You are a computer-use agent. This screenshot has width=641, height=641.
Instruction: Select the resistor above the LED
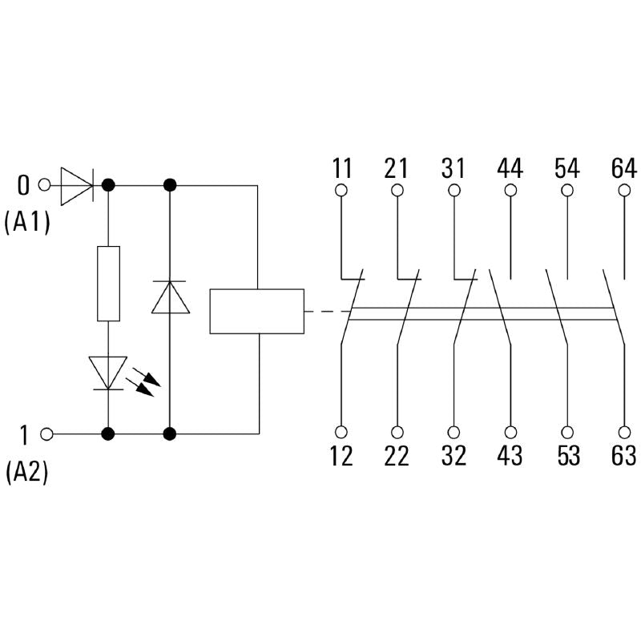click(108, 284)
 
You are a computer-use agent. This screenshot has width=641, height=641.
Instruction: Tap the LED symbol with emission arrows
click(109, 372)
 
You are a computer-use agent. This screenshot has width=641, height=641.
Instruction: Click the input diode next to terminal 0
click(77, 185)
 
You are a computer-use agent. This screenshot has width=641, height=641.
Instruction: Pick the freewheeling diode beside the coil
click(170, 296)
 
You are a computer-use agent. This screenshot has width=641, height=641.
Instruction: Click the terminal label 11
click(341, 169)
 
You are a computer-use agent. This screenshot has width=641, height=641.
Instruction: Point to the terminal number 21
click(397, 169)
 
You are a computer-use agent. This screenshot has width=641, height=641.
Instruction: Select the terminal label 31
click(454, 169)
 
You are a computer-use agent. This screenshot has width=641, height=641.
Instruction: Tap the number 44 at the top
click(510, 169)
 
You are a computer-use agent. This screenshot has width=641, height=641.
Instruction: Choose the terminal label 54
click(566, 169)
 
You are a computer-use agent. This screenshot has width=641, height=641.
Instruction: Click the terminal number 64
click(623, 169)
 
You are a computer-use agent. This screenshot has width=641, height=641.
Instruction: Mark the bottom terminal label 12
click(341, 455)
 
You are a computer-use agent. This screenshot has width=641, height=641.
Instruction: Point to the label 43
click(510, 455)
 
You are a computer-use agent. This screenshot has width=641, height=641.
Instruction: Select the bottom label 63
click(623, 455)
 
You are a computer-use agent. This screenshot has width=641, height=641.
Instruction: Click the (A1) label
click(27, 223)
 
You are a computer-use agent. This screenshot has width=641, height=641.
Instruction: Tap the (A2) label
click(27, 473)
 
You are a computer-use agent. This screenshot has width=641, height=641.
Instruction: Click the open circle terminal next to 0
click(45, 185)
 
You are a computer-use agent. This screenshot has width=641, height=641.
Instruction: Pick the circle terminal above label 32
click(454, 430)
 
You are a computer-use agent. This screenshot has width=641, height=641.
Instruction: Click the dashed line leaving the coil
click(326, 311)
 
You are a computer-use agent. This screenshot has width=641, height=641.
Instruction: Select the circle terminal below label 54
click(566, 191)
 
